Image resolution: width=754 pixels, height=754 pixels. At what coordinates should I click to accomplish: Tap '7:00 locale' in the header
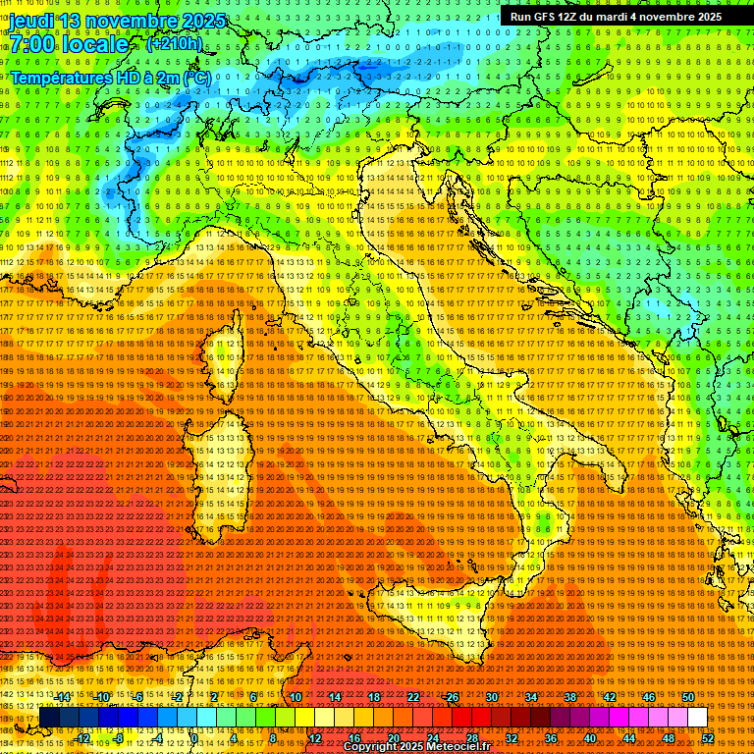(x=69, y=44)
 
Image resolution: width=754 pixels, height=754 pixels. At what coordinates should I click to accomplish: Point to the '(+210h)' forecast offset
(x=174, y=43)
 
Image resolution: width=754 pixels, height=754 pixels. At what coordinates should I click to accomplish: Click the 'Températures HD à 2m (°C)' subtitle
(x=110, y=77)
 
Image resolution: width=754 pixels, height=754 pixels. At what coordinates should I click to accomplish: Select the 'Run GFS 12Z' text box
(x=616, y=17)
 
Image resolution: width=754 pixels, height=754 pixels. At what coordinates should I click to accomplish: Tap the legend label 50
(x=687, y=696)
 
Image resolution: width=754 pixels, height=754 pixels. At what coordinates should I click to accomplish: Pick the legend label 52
(x=707, y=737)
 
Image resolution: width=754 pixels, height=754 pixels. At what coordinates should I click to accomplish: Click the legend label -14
(x=63, y=696)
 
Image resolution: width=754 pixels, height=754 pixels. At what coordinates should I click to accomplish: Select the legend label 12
(x=315, y=737)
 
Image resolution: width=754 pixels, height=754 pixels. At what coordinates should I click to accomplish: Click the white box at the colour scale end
(x=697, y=718)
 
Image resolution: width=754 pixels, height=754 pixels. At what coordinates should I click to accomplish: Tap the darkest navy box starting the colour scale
(x=48, y=718)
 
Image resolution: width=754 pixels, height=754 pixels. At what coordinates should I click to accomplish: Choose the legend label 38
(x=569, y=696)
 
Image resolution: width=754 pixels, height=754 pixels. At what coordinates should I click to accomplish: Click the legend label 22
(x=413, y=696)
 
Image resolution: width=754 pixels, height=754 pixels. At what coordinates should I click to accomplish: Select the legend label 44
(x=628, y=737)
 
